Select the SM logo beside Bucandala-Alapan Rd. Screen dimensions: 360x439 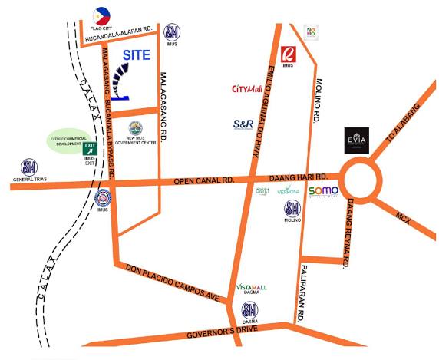point(172,32)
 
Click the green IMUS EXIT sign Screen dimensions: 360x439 point(90,149)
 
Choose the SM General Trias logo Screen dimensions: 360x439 point(28,167)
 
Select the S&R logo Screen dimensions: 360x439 point(243,124)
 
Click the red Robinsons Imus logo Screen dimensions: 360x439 point(289,54)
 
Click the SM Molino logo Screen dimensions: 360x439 point(292,208)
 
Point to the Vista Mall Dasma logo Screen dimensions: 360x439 point(252,288)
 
